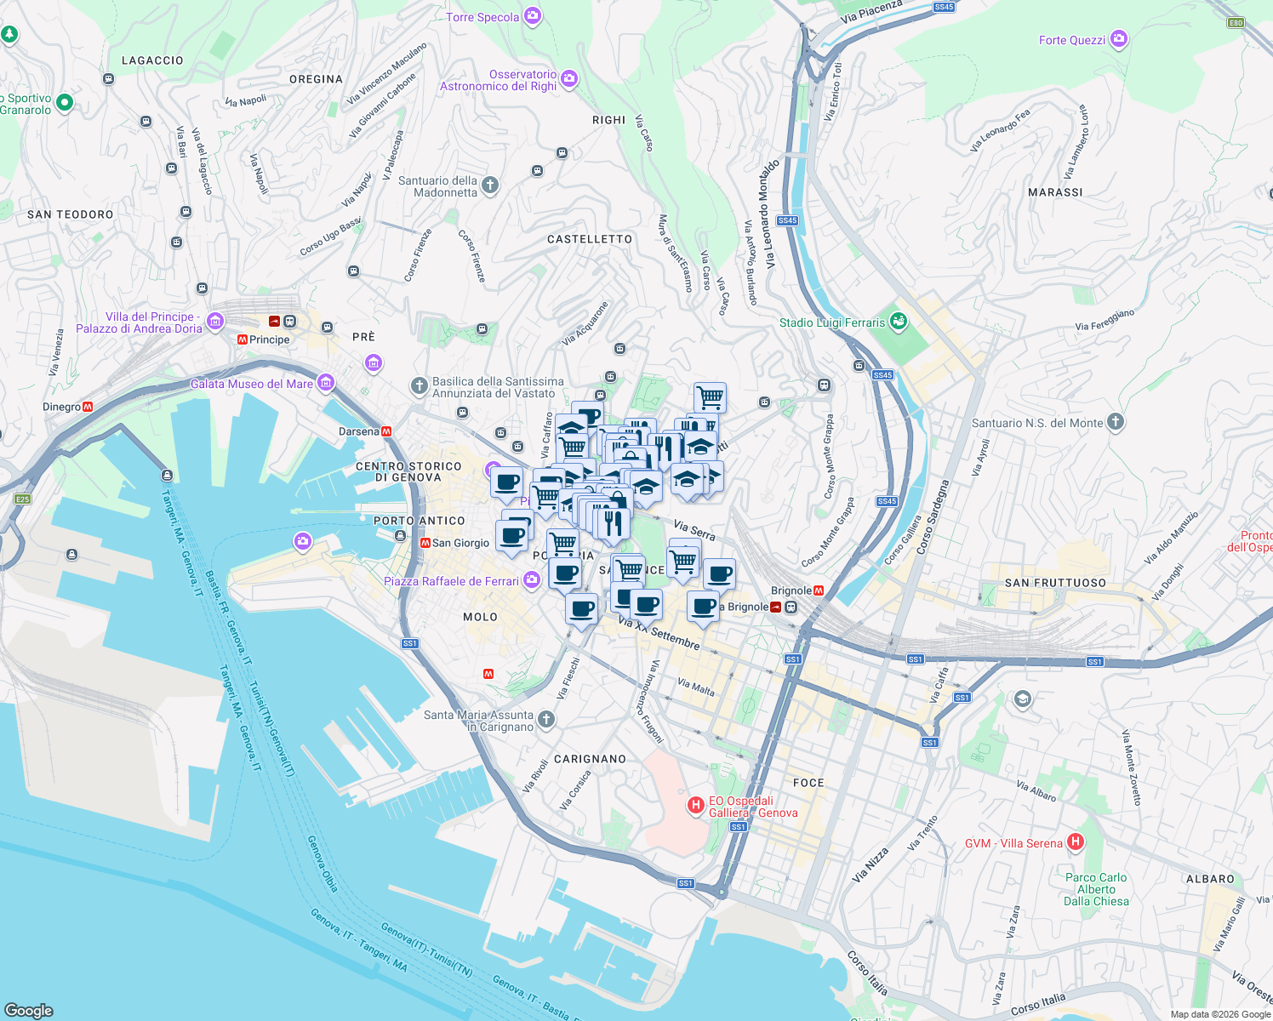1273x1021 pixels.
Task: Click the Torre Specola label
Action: (482, 17)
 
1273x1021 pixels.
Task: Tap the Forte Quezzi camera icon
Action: (1119, 39)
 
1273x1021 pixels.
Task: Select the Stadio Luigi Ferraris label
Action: (831, 322)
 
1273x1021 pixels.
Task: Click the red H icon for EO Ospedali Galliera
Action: (696, 804)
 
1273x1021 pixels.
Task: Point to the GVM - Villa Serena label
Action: (1013, 843)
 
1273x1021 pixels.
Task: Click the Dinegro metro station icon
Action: (88, 407)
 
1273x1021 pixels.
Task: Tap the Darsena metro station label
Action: (358, 431)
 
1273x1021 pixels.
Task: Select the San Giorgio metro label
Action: (460, 543)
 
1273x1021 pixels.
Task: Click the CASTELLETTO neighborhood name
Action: (590, 239)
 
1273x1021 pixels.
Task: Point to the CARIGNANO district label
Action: (590, 759)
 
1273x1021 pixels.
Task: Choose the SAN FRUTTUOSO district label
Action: (1055, 583)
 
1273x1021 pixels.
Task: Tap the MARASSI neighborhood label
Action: (1055, 192)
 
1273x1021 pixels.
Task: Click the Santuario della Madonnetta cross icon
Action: (490, 185)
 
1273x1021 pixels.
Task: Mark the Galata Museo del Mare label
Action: (252, 384)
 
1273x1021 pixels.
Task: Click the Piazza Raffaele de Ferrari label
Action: (451, 581)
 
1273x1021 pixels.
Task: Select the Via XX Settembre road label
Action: (659, 635)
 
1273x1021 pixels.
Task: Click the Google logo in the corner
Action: (29, 1010)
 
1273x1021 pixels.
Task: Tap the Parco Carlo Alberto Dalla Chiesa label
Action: (1096, 889)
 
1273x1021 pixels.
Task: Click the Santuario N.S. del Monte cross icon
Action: (1116, 422)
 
